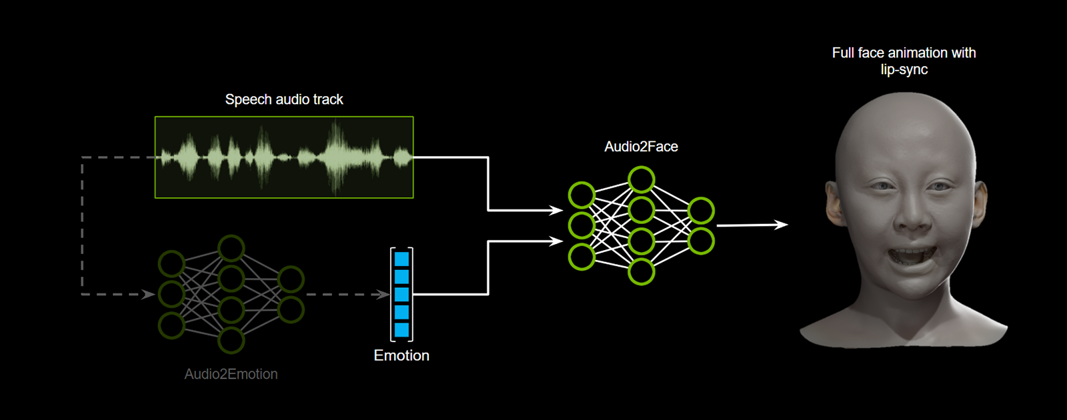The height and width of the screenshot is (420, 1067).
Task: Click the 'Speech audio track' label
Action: [x=284, y=99]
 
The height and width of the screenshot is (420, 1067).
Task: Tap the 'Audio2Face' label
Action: [x=641, y=147]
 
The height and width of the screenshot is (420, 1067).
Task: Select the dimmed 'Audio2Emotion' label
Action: [x=231, y=374]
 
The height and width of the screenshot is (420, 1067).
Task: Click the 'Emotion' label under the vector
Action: [x=401, y=355]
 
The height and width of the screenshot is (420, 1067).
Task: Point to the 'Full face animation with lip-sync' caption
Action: [x=904, y=61]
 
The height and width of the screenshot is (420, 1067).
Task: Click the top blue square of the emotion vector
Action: [x=401, y=259]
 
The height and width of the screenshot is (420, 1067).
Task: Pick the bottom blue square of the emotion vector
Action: [x=401, y=329]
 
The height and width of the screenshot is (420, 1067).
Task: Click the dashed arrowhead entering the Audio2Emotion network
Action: [x=149, y=294]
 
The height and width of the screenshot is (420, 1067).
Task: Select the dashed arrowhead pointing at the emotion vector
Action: [x=383, y=294]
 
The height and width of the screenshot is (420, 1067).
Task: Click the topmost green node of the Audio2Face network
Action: [x=641, y=179]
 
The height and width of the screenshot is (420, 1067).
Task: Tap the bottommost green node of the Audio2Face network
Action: [x=641, y=272]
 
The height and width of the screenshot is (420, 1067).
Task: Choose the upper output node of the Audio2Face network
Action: [x=701, y=211]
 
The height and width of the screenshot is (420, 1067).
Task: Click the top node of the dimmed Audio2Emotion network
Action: [x=231, y=248]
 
